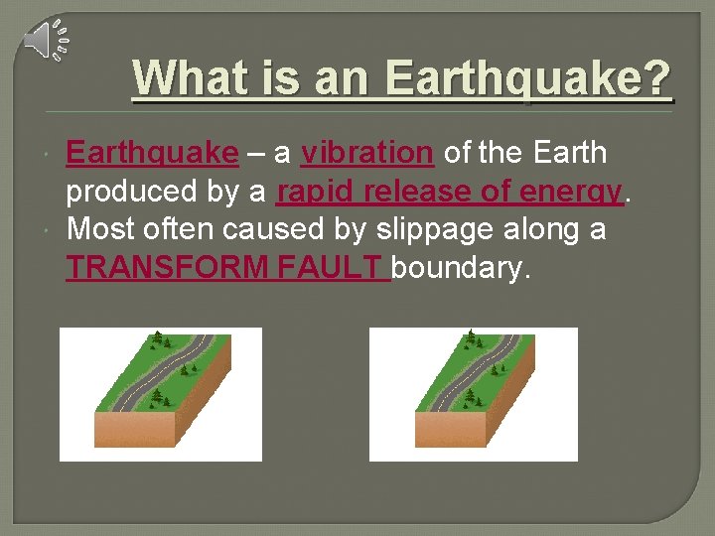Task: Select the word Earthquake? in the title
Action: [x=527, y=77]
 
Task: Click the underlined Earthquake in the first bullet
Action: [x=152, y=153]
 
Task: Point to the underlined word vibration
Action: [x=367, y=153]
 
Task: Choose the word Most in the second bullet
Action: [x=96, y=228]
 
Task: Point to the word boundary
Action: [x=462, y=266]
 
